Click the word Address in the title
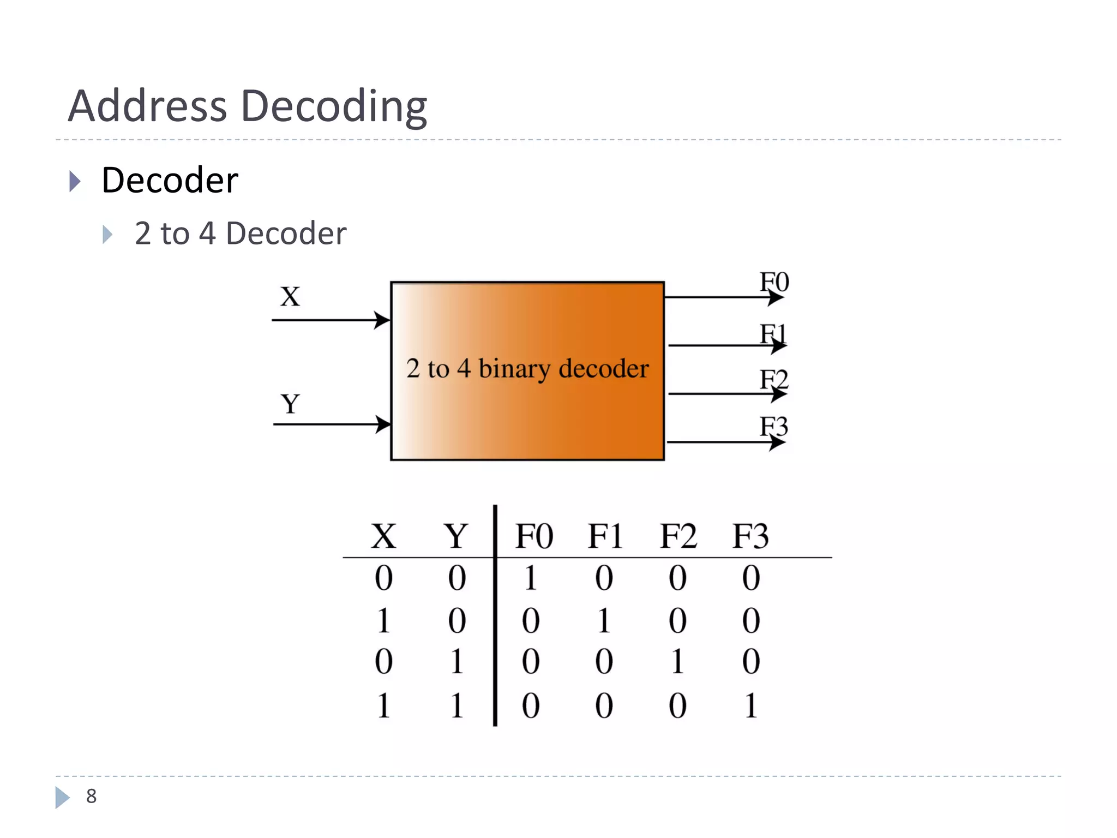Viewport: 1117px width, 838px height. [x=147, y=106]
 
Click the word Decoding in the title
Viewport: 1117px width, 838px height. [x=334, y=107]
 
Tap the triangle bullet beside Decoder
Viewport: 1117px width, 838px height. [x=75, y=181]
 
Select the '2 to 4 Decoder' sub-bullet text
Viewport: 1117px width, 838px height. [x=240, y=234]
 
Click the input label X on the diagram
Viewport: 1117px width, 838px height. [x=290, y=297]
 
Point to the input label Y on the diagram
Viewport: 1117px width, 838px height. [x=290, y=404]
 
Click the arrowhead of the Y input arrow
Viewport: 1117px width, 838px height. [x=384, y=424]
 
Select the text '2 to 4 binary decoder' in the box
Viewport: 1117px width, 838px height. [x=527, y=369]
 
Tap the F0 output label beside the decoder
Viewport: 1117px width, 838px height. [x=774, y=283]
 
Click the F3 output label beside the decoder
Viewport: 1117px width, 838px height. [x=774, y=426]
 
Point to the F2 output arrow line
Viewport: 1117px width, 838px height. [x=720, y=394]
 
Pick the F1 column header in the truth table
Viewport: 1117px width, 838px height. [x=605, y=536]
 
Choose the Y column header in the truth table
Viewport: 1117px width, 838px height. [x=456, y=536]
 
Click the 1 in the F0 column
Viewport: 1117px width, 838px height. [x=531, y=578]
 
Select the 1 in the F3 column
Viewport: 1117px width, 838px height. [x=751, y=706]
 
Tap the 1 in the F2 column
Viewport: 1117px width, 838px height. [x=677, y=662]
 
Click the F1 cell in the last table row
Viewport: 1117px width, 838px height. [x=604, y=706]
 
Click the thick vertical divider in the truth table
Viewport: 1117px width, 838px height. [x=495, y=616]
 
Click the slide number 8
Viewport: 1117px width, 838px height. [x=92, y=797]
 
